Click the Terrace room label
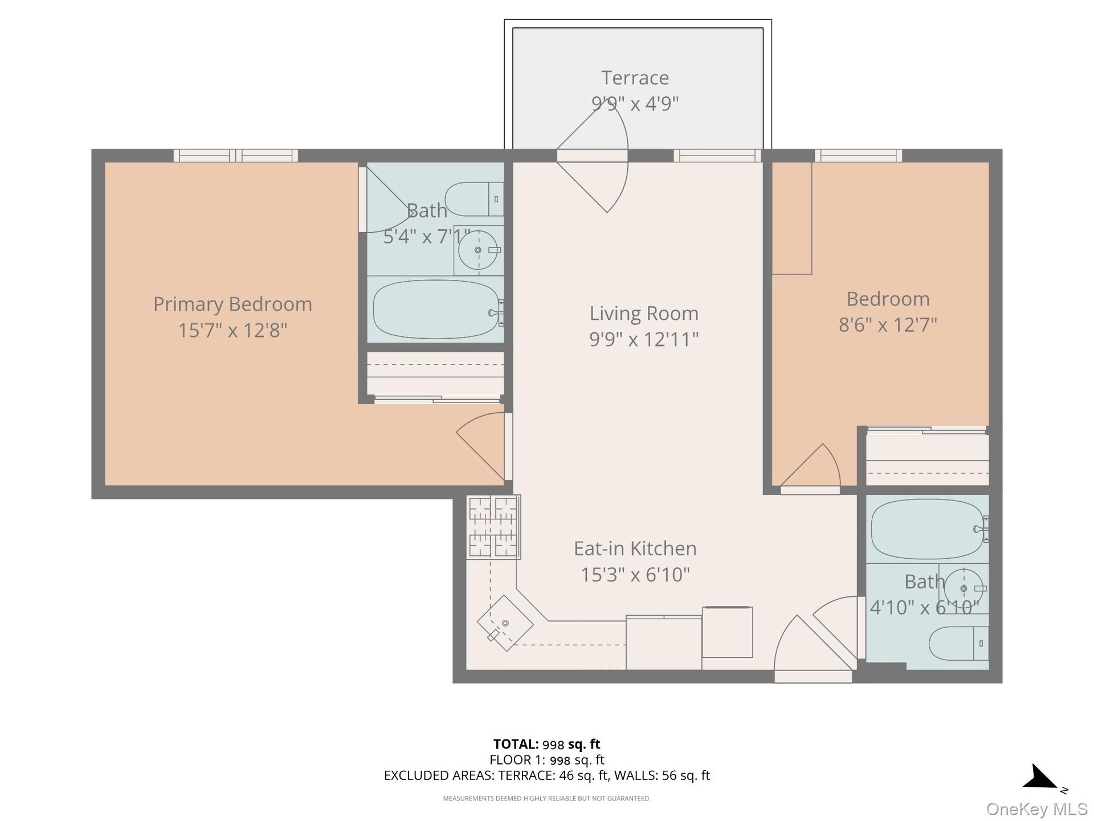coord(635,78)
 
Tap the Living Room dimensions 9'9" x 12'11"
coord(644,339)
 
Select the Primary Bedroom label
coord(232,304)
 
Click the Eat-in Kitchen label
coord(635,548)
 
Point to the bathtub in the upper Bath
coord(436,309)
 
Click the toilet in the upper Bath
coord(474,199)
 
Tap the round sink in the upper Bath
coord(478,250)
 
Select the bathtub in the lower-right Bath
coord(928,529)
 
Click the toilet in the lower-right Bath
coord(959,644)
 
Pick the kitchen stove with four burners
coord(493,527)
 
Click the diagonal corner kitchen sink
coord(505,623)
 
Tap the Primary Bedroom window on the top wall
coord(235,155)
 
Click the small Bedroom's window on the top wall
coord(858,155)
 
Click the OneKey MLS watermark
coord(1036,809)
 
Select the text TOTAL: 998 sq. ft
coord(546,744)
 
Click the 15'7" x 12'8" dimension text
coord(232,330)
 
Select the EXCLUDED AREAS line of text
coord(546,775)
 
